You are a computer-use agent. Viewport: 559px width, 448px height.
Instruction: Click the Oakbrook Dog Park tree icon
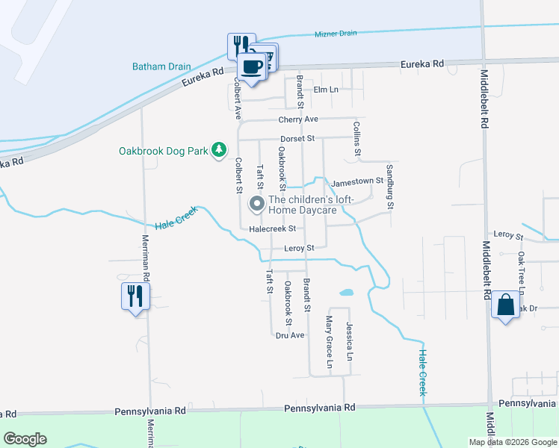[x=219, y=151]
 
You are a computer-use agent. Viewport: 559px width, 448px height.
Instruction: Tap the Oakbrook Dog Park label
[x=163, y=151]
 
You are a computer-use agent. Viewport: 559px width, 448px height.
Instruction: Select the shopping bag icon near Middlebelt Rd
[x=505, y=305]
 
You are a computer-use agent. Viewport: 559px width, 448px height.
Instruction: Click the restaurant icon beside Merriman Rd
[x=135, y=296]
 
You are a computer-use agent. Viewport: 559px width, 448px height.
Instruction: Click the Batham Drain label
[x=161, y=66]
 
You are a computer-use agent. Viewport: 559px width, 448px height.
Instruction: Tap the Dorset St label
[x=298, y=138]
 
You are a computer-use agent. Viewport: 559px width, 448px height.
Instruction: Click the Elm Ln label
[x=325, y=90]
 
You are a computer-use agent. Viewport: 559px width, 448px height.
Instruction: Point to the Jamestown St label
[x=357, y=181]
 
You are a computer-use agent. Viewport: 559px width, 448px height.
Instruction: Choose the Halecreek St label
[x=273, y=229]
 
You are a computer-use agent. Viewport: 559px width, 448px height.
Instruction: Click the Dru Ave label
[x=290, y=335]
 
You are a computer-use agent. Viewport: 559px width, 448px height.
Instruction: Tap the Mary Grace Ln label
[x=329, y=342]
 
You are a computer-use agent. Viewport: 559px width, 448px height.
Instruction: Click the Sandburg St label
[x=389, y=186]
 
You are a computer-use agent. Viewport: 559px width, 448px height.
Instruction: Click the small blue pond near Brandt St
[x=346, y=293]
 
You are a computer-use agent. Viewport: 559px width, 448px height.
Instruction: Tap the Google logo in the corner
[x=25, y=439]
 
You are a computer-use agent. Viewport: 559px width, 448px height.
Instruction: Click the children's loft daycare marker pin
[x=257, y=203]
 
